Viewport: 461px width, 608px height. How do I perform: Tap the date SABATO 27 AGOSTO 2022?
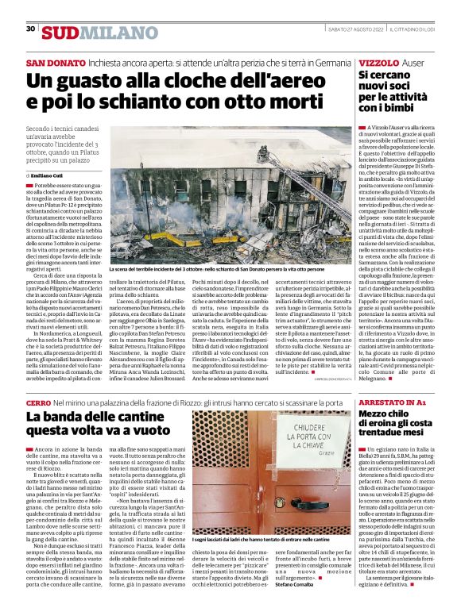coord(355,29)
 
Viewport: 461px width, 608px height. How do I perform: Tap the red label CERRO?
coord(39,403)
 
